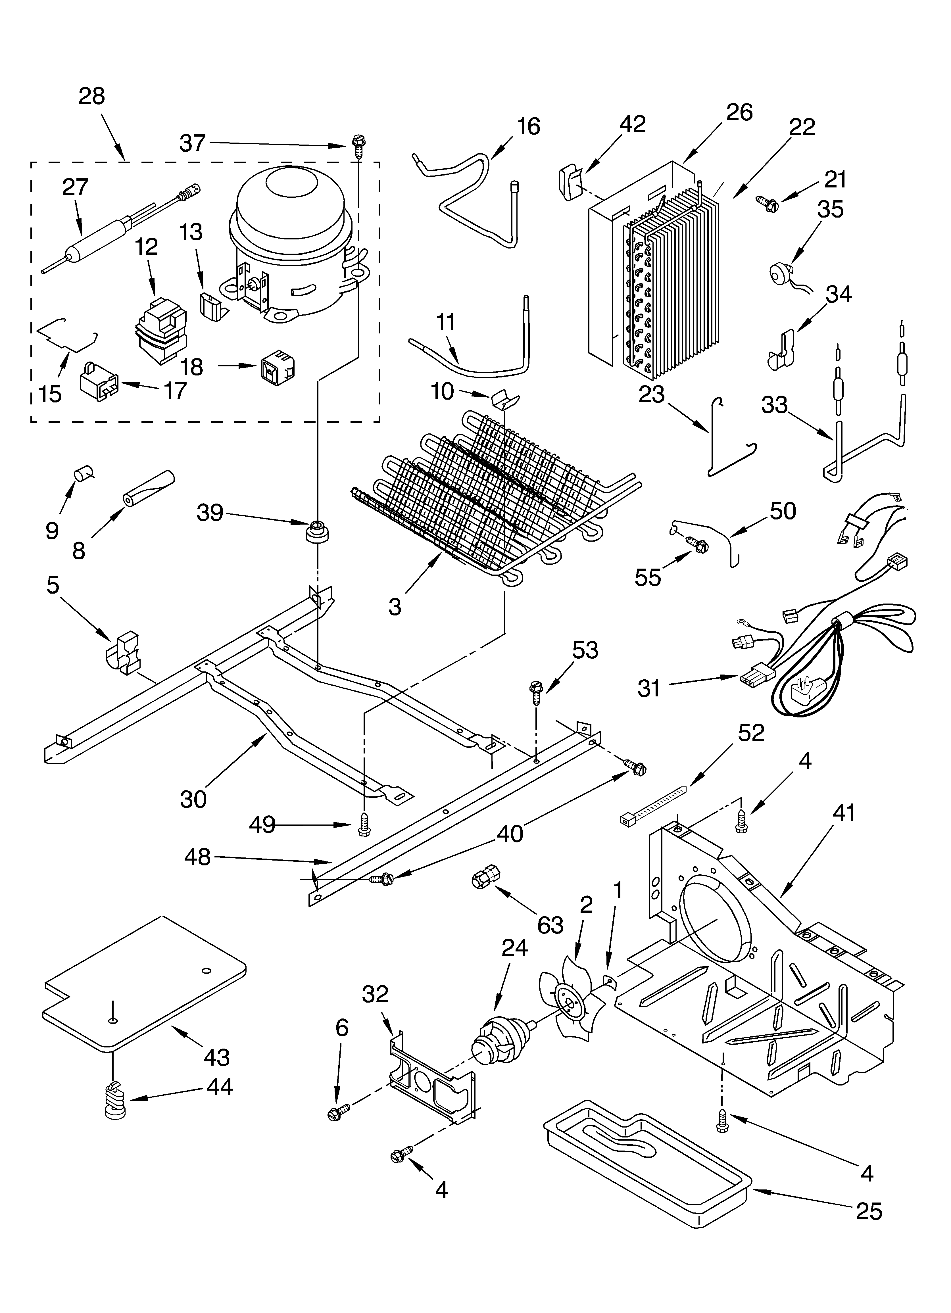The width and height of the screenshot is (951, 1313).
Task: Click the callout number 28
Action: tap(91, 96)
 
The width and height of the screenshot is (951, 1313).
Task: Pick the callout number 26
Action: tap(739, 112)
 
